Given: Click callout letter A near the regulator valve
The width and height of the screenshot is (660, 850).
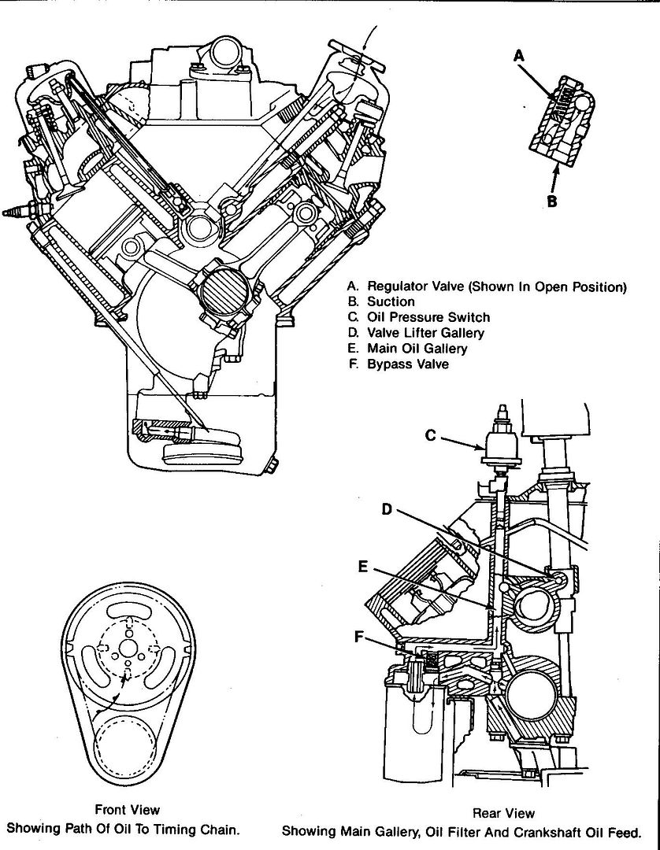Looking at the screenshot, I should [517, 55].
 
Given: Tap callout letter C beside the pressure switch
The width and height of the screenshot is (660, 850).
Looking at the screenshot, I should [430, 434].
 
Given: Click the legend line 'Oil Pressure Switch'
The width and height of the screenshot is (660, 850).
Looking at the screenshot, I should [428, 317].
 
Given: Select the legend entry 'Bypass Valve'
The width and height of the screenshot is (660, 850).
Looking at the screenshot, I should [407, 364].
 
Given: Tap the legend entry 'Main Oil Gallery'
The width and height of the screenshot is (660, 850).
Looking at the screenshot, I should [417, 349].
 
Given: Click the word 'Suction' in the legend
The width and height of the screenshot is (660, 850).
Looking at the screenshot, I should [391, 301].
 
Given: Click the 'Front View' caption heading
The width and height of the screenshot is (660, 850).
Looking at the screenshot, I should [127, 809].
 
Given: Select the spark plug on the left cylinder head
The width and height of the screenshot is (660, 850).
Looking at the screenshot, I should [17, 212].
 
